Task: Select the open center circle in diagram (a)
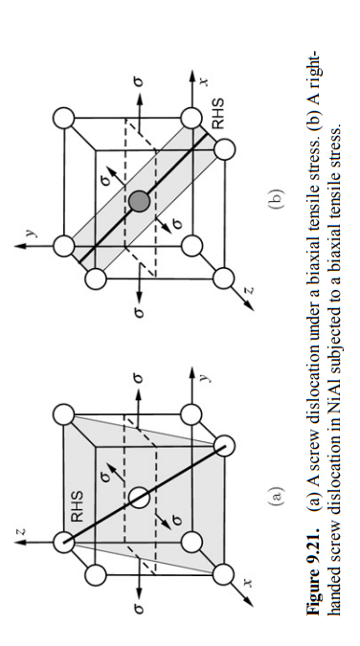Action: click(139, 497)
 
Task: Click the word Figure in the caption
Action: click(310, 612)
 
